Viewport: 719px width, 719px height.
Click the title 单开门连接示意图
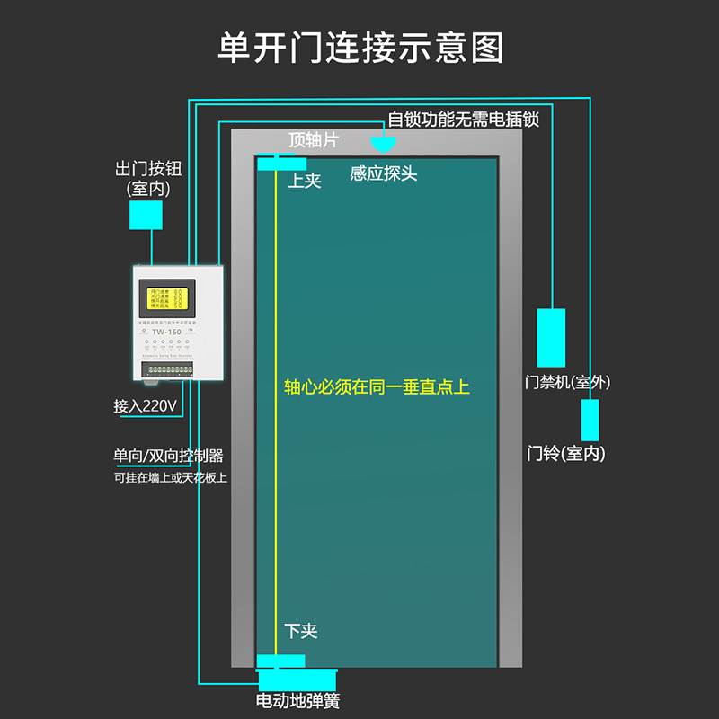click(359, 47)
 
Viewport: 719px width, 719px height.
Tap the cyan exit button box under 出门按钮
click(146, 215)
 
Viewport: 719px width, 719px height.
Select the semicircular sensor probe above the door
click(384, 142)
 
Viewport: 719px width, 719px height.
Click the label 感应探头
click(384, 173)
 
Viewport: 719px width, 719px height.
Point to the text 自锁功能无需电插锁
click(464, 119)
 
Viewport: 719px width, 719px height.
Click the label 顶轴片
click(314, 140)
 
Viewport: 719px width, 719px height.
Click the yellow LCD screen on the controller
click(165, 299)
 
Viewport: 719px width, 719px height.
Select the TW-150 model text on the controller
click(166, 332)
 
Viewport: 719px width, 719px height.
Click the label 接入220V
click(145, 406)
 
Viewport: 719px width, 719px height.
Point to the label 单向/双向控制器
click(168, 456)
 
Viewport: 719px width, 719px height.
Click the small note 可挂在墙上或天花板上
click(170, 477)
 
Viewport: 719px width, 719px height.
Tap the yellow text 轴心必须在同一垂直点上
click(377, 387)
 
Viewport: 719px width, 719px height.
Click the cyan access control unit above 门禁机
click(551, 337)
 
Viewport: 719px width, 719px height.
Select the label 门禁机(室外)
click(568, 382)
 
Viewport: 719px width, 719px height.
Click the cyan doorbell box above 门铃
click(590, 420)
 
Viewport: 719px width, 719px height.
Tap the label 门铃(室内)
click(566, 454)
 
